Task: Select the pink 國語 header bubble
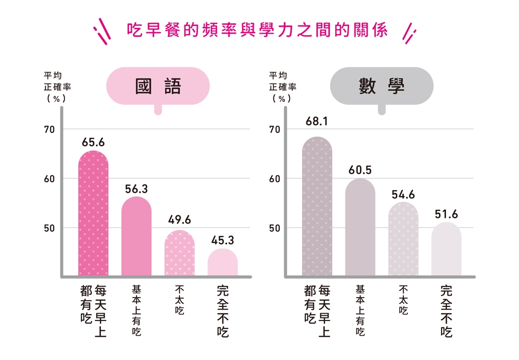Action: point(158,86)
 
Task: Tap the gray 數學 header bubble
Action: point(381,86)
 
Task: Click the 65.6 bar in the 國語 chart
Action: point(93,213)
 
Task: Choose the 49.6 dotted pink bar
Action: point(180,253)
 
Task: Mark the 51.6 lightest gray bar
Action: point(446,249)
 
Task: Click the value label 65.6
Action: point(93,142)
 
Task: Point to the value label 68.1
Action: point(317,122)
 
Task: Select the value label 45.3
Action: point(223,241)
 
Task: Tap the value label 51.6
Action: point(446,214)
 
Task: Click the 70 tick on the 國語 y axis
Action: point(49,129)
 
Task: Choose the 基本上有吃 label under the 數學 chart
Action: point(360,310)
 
